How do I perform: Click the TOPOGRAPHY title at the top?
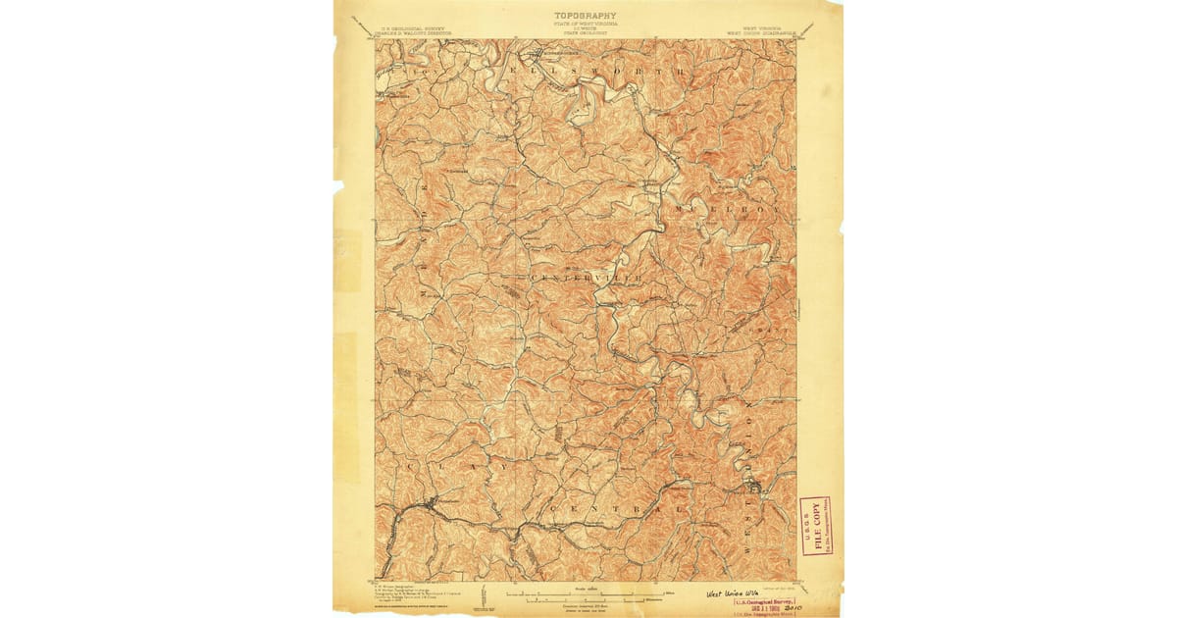coord(586,16)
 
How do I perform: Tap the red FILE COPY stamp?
coord(815,526)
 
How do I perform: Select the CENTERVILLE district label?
coord(587,279)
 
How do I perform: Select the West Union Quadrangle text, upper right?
coord(759,29)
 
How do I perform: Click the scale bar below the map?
coord(586,592)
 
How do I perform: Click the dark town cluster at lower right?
coord(753,486)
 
